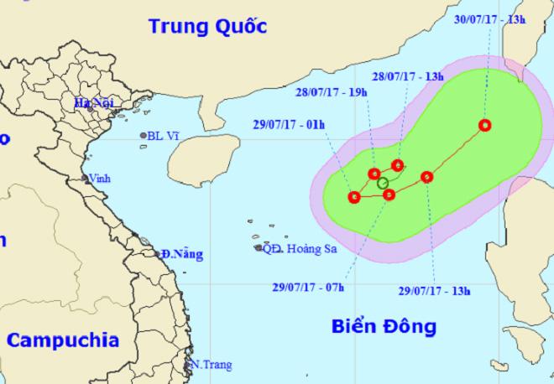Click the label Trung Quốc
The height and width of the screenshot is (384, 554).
point(207,26)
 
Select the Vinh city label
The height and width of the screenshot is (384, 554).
point(102,178)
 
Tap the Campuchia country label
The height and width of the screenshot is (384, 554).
point(63,340)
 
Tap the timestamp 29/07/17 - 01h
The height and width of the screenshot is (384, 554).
point(288,124)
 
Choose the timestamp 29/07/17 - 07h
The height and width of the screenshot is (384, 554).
point(309,287)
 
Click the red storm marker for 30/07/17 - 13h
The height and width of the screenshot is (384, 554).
point(485,126)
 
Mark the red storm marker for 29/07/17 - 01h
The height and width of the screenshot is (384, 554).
point(353,198)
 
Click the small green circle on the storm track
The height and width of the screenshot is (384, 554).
point(383,183)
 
